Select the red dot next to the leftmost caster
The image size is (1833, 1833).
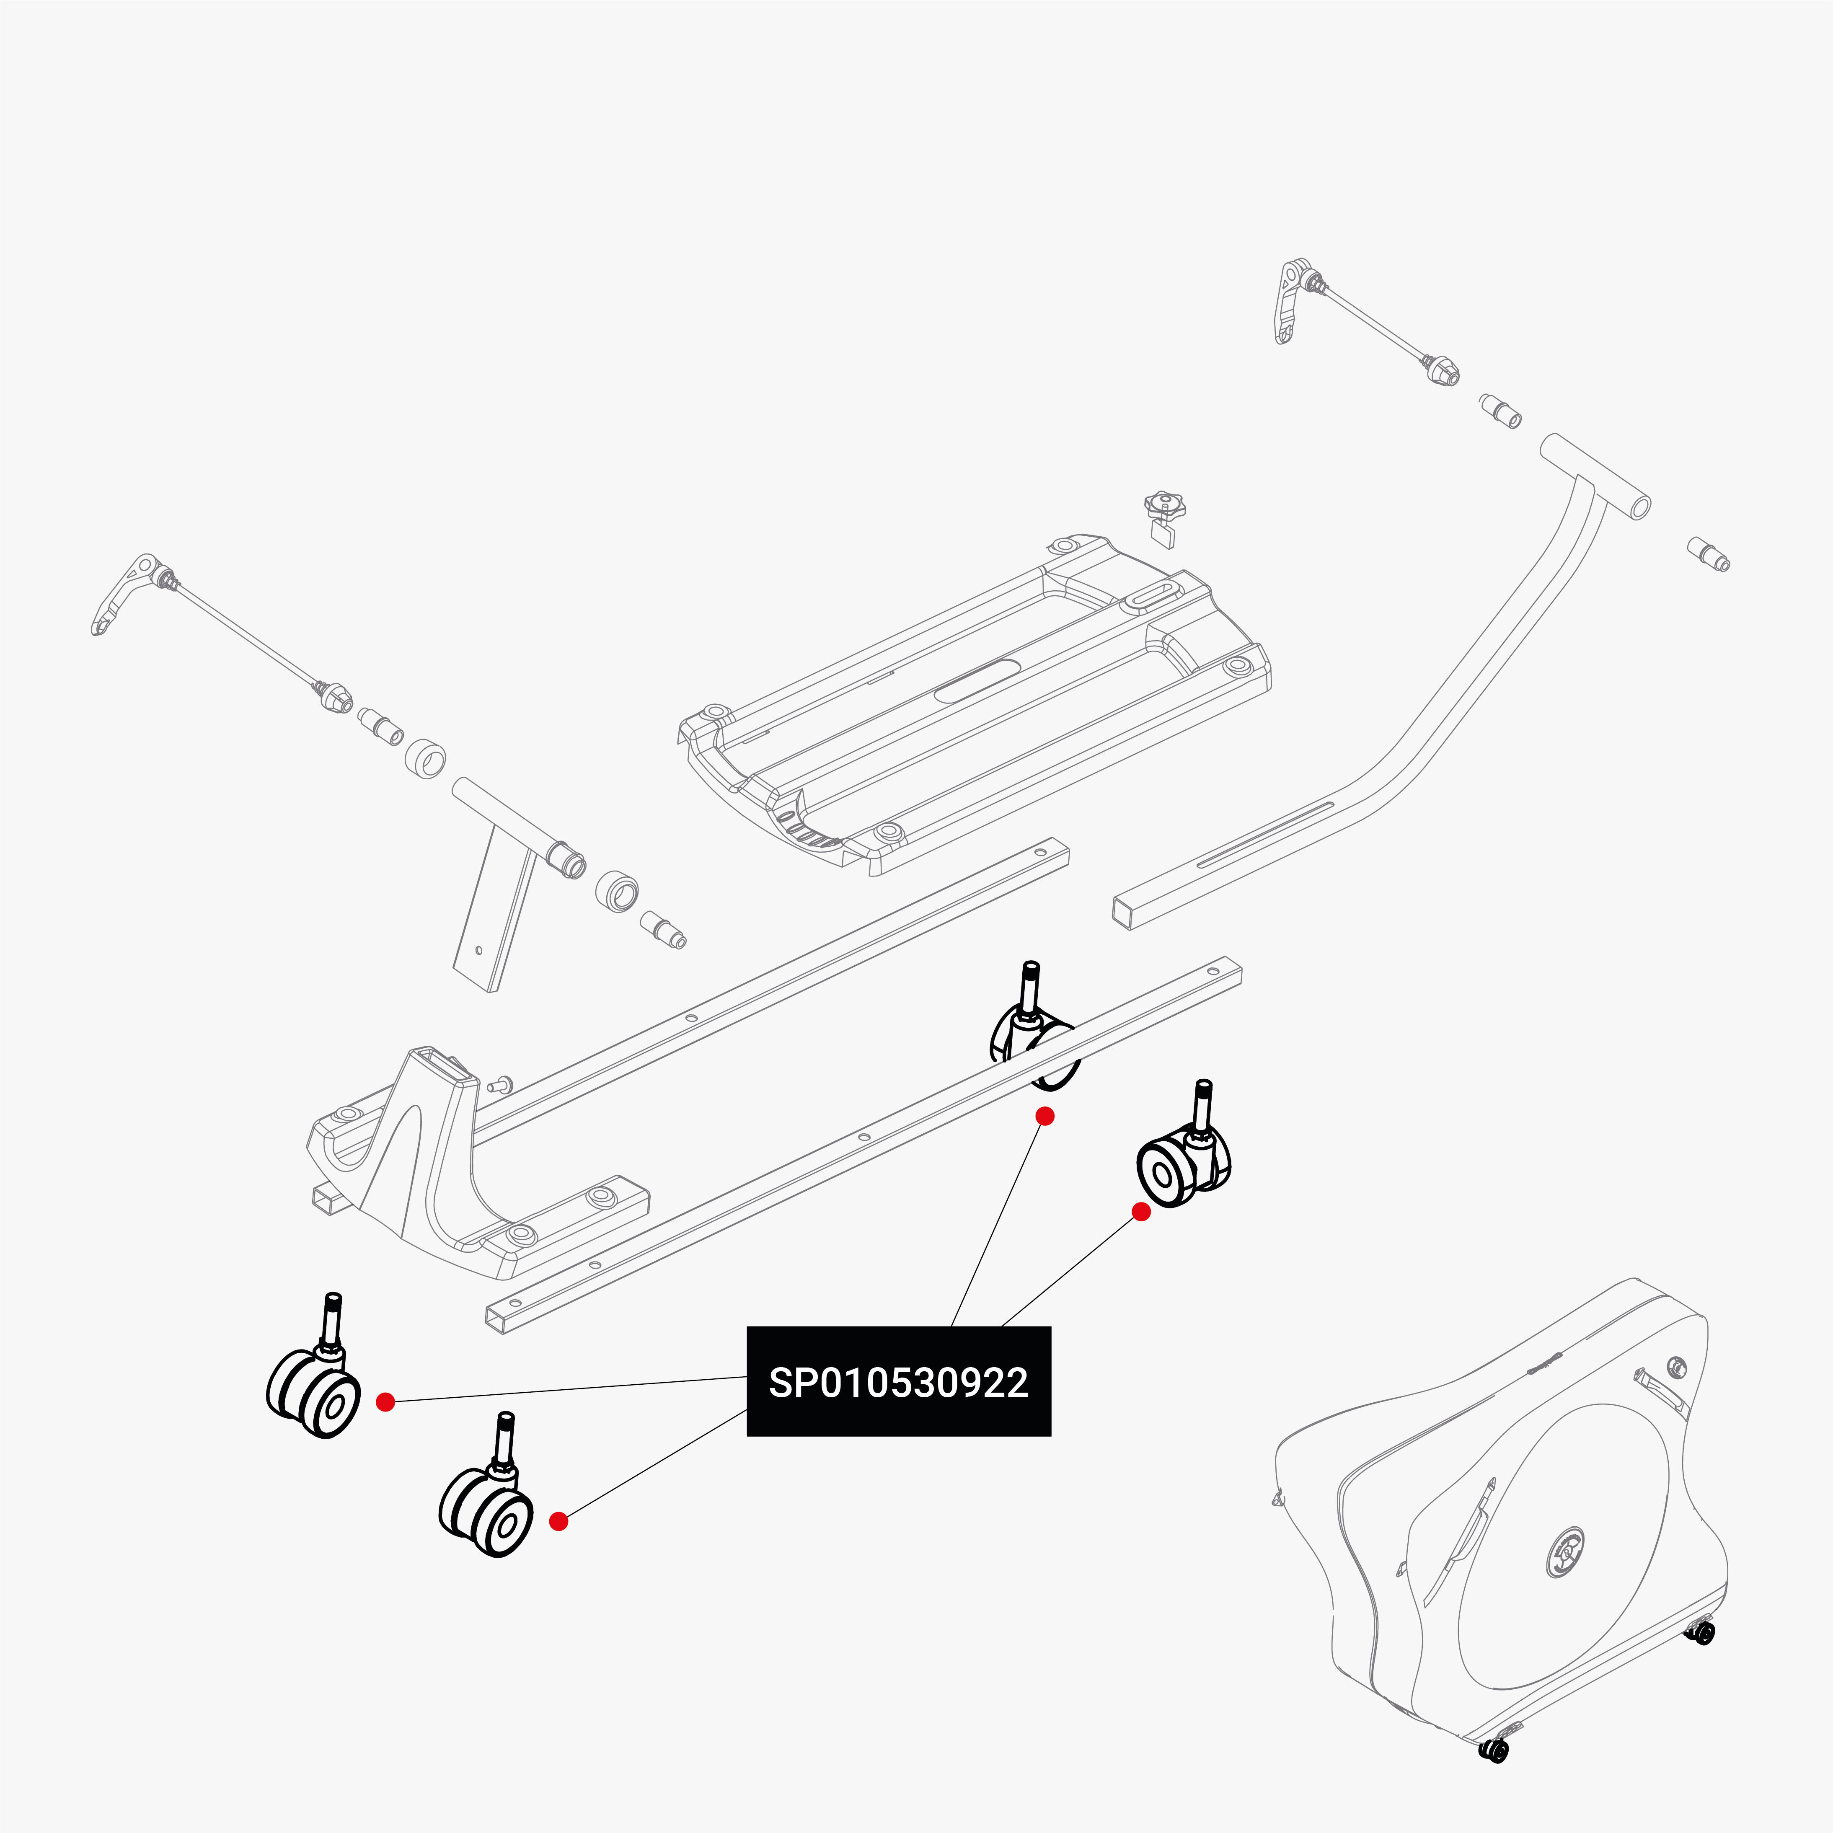pyautogui.click(x=385, y=1402)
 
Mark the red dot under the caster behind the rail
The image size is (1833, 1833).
pyautogui.click(x=1044, y=1117)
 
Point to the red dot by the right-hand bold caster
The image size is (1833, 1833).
pyautogui.click(x=1141, y=1212)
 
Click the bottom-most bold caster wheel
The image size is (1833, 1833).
pyautogui.click(x=486, y=1509)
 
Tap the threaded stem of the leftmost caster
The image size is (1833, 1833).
pyautogui.click(x=333, y=1319)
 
